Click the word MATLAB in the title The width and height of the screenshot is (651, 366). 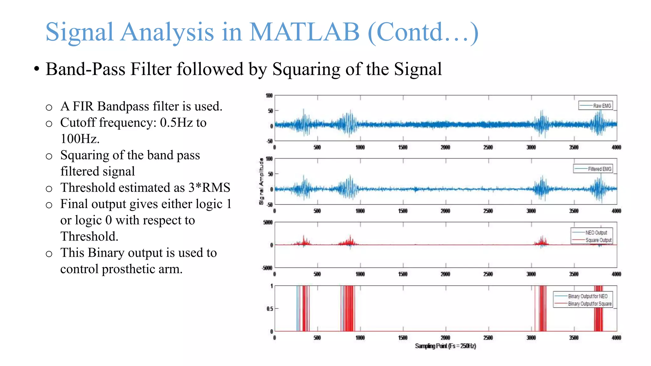click(304, 32)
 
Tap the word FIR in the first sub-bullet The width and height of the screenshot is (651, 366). click(83, 106)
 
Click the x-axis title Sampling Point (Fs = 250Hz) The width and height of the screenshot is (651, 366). click(445, 346)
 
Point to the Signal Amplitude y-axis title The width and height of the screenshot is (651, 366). click(261, 181)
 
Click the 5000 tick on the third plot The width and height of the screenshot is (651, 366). click(268, 222)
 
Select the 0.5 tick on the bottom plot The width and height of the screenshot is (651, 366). click(269, 308)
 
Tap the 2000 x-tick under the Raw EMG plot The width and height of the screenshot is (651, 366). click(445, 147)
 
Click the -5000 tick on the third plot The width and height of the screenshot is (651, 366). click(267, 268)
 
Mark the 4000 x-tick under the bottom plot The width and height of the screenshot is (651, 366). click(616, 338)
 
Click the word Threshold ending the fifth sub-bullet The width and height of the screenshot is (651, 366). click(89, 237)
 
